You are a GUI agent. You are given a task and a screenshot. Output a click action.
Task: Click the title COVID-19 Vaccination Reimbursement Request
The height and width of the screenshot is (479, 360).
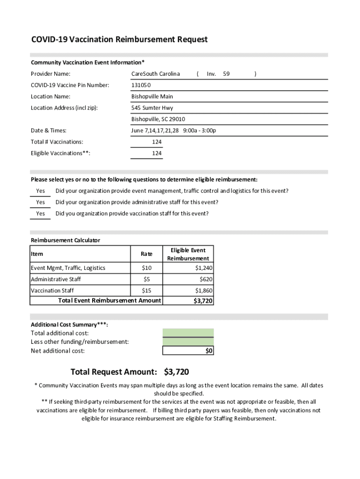119,40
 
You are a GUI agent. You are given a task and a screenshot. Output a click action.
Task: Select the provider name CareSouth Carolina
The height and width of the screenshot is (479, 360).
155,74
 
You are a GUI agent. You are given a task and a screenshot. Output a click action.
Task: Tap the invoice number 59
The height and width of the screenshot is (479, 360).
226,74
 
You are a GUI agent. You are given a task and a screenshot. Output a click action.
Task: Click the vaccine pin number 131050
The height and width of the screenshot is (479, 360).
141,85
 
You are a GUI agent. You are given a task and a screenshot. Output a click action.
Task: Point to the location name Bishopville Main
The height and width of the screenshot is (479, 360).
152,96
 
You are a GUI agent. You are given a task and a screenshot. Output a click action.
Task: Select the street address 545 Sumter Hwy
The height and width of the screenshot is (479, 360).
152,108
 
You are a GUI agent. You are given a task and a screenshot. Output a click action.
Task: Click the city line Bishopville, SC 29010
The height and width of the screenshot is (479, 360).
158,119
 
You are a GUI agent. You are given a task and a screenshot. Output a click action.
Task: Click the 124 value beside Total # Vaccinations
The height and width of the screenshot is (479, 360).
157,142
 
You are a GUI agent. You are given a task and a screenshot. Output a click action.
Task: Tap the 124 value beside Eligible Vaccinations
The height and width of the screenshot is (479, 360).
157,153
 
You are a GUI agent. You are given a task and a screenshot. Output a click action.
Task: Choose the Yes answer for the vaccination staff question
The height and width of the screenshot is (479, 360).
41,214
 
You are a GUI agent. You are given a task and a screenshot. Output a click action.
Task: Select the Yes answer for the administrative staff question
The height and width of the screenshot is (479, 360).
41,203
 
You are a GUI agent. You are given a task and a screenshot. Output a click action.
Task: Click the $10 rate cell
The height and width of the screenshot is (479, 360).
146,268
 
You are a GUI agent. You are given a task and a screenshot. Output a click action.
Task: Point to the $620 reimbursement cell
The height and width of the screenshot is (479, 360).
206,279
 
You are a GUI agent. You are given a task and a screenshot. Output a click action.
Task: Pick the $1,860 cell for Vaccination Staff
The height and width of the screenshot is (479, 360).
204,290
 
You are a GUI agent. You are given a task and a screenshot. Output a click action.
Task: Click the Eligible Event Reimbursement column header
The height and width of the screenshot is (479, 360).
188,254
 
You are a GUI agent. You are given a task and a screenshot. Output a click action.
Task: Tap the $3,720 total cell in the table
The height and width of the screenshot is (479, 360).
203,301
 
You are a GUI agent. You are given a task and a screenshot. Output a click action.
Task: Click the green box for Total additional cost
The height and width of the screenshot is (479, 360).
188,333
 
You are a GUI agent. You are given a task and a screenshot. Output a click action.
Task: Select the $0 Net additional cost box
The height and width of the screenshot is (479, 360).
188,351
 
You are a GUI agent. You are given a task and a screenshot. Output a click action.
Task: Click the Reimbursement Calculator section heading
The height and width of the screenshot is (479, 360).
65,240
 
